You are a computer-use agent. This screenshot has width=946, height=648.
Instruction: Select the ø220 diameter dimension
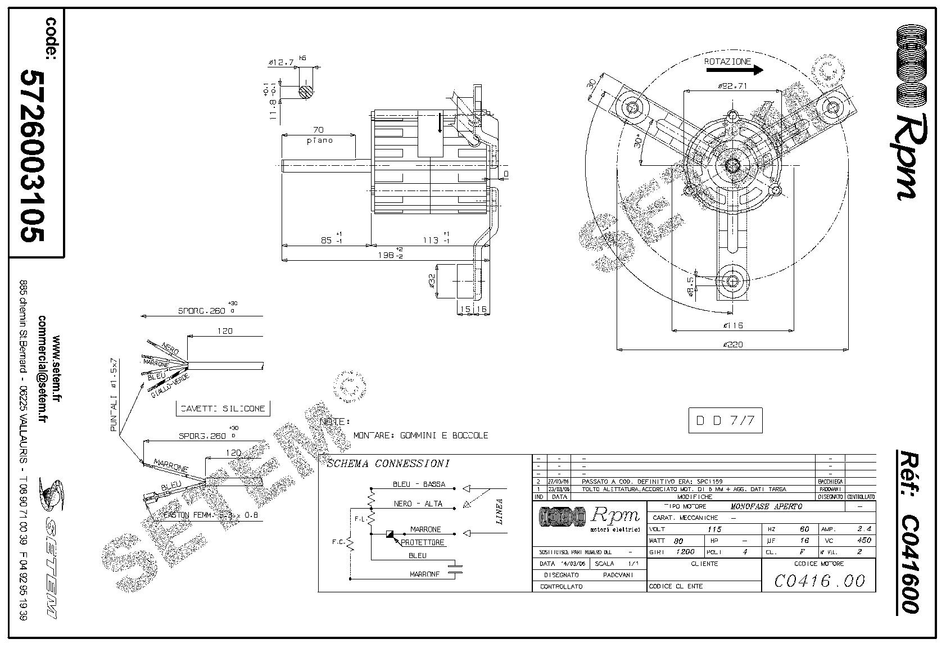click(732, 345)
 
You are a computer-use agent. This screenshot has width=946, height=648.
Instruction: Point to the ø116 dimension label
click(732, 325)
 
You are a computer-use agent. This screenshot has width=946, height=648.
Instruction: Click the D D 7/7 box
click(725, 420)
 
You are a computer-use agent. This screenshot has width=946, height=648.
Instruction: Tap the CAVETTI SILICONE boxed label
click(222, 409)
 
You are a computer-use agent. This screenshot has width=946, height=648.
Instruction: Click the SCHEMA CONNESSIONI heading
click(388, 464)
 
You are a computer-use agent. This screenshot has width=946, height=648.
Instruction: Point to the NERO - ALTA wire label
click(418, 504)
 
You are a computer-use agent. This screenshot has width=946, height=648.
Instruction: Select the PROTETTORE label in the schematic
click(422, 542)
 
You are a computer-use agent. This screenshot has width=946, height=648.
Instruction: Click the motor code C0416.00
click(819, 581)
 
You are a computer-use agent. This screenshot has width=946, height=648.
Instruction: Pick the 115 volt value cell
click(714, 529)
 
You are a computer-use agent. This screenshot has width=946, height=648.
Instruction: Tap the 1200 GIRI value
click(686, 551)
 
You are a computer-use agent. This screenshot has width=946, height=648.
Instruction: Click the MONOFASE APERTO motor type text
click(766, 506)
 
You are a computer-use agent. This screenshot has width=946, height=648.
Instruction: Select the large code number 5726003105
click(32, 156)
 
